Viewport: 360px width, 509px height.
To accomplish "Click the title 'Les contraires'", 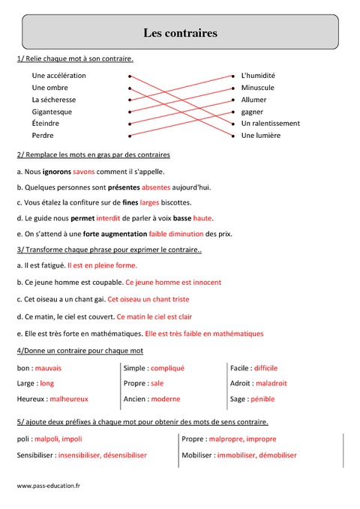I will click(180, 33).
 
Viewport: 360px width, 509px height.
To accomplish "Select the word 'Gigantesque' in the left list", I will click(52, 112).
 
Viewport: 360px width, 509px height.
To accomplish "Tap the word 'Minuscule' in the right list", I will click(257, 88).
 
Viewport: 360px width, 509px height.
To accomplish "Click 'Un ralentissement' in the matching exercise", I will click(270, 124).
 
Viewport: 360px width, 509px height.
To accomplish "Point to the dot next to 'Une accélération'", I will click(130, 76).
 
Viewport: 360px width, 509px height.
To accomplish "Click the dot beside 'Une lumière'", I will click(234, 136).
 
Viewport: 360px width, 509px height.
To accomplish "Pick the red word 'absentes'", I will click(156, 187).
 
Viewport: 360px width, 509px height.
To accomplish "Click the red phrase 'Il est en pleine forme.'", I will click(102, 265).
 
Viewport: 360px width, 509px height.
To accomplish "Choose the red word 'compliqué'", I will click(167, 368).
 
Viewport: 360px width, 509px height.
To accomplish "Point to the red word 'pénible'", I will click(262, 399).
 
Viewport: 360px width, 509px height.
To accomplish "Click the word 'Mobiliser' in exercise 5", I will click(198, 455).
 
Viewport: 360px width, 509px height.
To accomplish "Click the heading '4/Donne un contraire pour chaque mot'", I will click(79, 350).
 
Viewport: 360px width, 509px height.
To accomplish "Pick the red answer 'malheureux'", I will click(69, 399).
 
